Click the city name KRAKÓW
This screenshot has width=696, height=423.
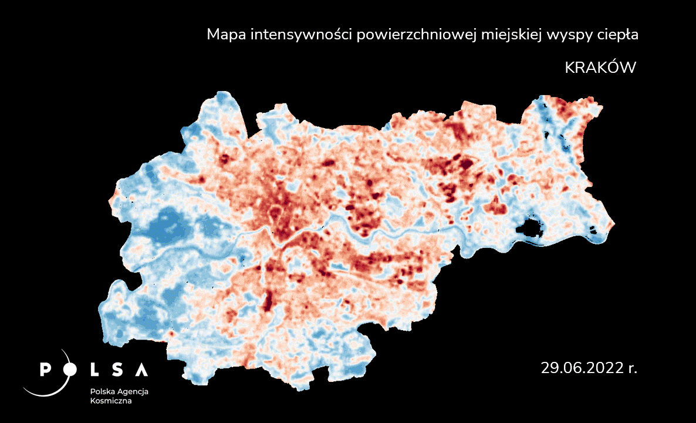click(x=600, y=68)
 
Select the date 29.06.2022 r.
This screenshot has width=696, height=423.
click(x=589, y=368)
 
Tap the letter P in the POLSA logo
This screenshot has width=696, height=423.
click(x=45, y=370)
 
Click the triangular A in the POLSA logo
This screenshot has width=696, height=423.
click(x=141, y=370)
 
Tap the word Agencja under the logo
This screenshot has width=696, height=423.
click(x=133, y=392)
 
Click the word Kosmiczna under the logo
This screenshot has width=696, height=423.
click(x=111, y=401)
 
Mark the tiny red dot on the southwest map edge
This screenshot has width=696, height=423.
click(x=171, y=334)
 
